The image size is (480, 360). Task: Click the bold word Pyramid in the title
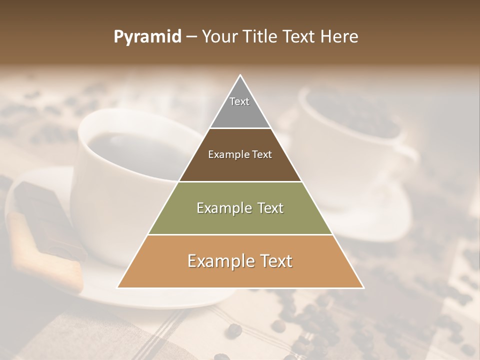tap(147, 37)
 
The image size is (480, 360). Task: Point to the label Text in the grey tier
tap(239, 101)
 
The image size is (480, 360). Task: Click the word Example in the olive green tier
tap(220, 208)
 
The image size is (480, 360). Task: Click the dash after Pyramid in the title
tap(191, 37)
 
